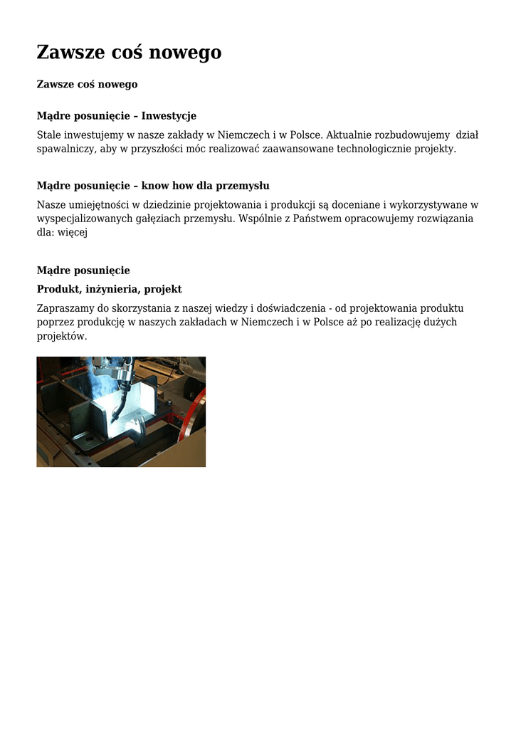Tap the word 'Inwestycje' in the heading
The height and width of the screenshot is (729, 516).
coord(169,115)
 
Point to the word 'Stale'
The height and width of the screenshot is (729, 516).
coord(49,135)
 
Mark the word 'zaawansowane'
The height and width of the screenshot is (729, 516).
coord(299,149)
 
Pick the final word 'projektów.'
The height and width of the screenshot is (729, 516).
coord(62,336)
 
